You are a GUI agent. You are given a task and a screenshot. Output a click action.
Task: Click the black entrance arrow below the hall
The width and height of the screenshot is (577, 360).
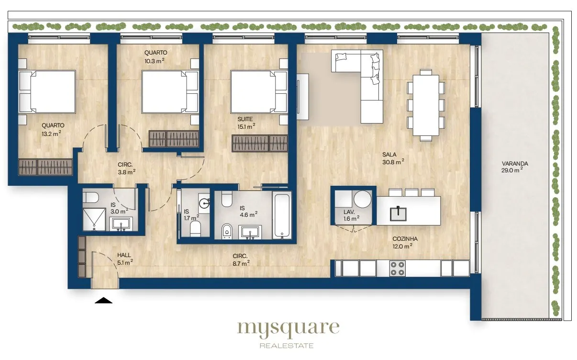point(103,300)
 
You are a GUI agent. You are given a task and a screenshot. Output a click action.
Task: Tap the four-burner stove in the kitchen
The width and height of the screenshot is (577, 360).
point(397,269)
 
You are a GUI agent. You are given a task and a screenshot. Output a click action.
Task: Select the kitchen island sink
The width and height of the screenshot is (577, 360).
point(398,214)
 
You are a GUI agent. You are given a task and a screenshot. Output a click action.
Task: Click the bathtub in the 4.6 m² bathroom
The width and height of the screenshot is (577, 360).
point(282,215)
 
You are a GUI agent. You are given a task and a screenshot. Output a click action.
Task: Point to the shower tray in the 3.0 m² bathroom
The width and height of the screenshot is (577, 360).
point(94,220)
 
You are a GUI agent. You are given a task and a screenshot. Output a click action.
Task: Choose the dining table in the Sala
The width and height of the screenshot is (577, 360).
point(426,105)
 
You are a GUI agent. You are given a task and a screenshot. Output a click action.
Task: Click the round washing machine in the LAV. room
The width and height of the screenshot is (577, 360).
point(363,199)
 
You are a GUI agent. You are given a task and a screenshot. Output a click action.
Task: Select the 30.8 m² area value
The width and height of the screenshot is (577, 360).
point(393,162)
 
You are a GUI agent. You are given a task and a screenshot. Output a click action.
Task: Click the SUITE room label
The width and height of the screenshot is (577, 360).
point(245,119)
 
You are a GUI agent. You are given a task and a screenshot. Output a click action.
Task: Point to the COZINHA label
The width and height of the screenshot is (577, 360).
point(405,239)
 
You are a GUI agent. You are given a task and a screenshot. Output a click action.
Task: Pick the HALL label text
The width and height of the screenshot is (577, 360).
point(124,255)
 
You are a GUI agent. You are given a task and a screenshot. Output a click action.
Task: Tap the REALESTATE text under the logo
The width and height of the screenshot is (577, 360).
point(287,346)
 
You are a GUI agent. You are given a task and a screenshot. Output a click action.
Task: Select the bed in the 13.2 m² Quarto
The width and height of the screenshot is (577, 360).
point(47,92)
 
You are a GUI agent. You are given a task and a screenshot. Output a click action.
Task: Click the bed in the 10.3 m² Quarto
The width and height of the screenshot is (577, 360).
point(170,92)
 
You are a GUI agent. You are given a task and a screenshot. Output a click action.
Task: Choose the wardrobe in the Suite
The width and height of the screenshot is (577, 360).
point(260,143)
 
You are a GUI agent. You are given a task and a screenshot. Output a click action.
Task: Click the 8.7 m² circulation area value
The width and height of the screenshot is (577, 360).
point(241,263)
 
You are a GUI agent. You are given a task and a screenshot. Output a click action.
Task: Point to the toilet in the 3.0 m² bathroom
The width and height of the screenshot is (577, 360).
point(90,198)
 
